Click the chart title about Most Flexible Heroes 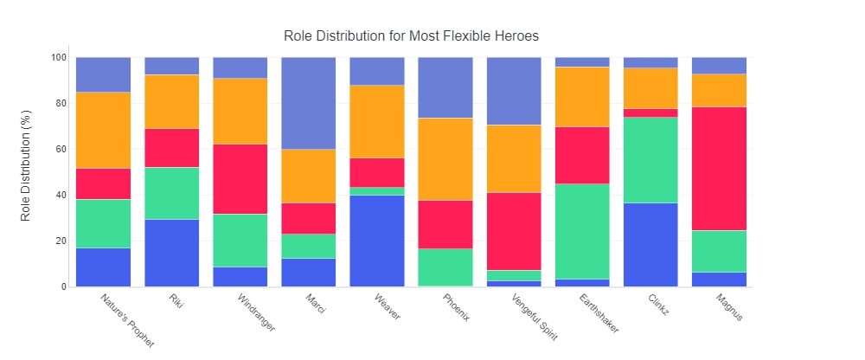click(411, 36)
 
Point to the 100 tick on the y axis click(58, 58)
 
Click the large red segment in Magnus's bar click(719, 169)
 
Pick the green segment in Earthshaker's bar click(582, 231)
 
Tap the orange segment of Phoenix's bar click(445, 159)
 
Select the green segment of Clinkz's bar click(650, 160)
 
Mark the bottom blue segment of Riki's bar click(171, 253)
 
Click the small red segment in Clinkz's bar click(650, 112)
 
